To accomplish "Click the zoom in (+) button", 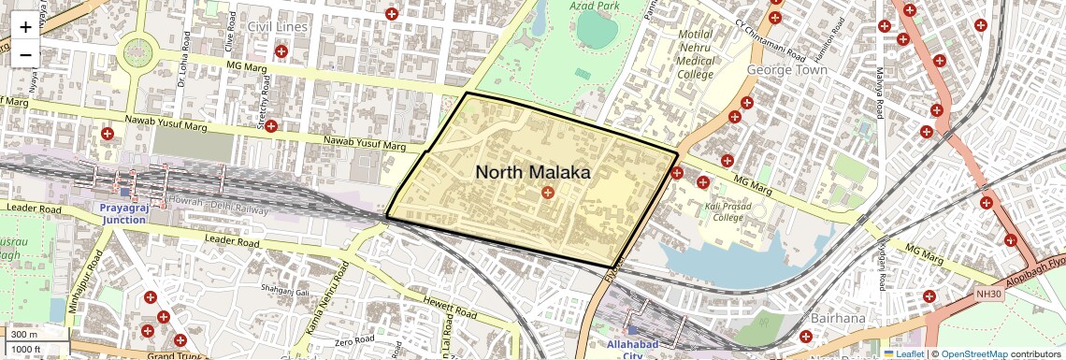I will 25,28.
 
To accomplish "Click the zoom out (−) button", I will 25,54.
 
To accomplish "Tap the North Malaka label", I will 533,173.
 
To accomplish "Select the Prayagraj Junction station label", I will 125,212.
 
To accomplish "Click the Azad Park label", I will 596,6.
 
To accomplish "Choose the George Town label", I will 787,70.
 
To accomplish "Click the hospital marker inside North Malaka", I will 547,193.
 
